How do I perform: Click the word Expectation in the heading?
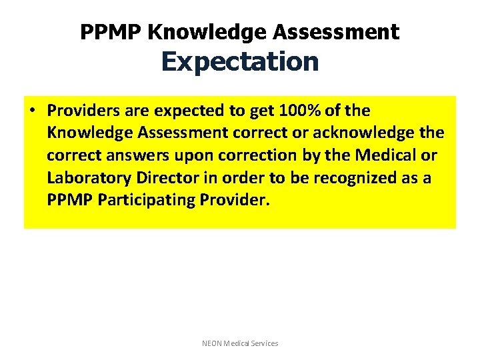(x=240, y=62)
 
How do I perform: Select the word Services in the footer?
(x=263, y=343)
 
